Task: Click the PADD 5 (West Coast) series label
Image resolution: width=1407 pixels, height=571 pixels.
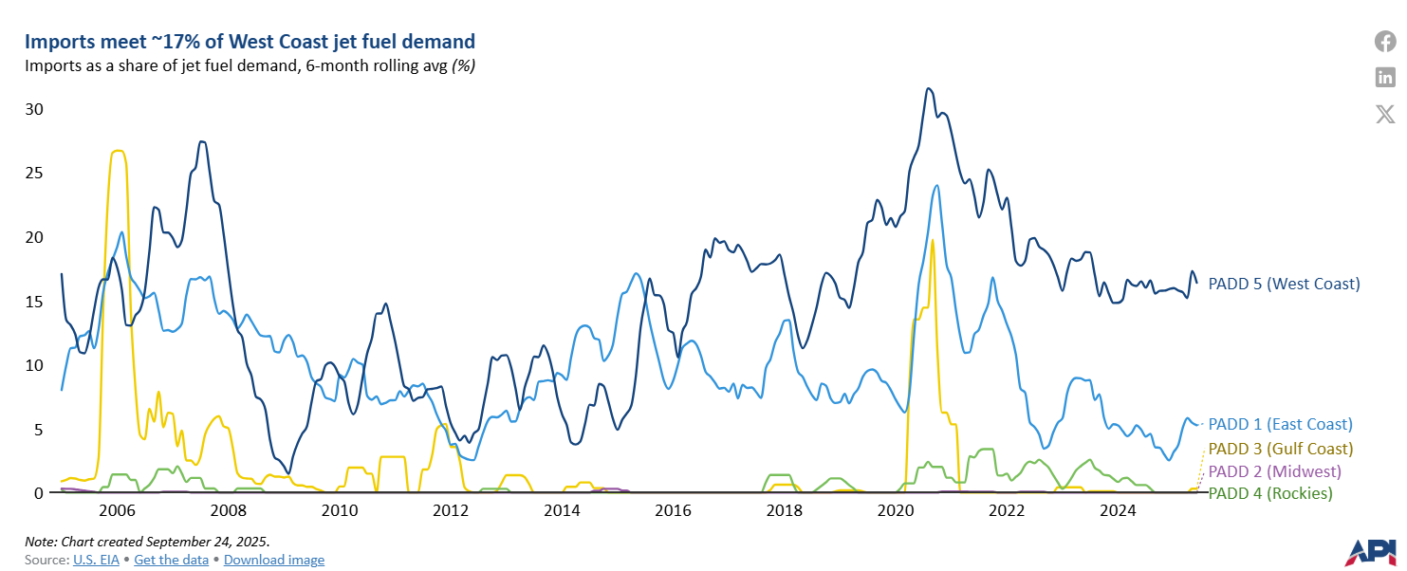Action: [x=1284, y=284]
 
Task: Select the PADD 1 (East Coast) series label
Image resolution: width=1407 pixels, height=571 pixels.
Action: [x=1280, y=424]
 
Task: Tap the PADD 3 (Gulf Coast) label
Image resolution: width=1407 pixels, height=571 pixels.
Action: [x=1280, y=448]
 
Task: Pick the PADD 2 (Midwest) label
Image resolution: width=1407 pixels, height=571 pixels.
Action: [x=1273, y=470]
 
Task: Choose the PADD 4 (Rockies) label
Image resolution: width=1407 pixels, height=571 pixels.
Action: [x=1269, y=493]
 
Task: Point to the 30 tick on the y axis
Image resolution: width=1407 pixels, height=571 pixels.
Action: [x=33, y=109]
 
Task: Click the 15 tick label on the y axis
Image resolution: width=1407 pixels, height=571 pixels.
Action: [x=33, y=302]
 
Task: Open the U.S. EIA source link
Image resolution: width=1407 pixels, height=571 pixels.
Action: [x=97, y=560]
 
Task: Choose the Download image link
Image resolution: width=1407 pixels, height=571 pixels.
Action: [x=274, y=560]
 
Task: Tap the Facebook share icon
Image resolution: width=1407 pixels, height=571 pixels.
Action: [x=1385, y=42]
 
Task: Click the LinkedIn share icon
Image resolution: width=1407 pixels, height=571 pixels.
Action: [x=1385, y=78]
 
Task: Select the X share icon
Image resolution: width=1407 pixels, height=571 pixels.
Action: [x=1385, y=115]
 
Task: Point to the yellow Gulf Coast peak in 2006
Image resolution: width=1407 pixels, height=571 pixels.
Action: [x=118, y=151]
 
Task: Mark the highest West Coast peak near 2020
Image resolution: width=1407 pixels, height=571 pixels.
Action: [x=929, y=88]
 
